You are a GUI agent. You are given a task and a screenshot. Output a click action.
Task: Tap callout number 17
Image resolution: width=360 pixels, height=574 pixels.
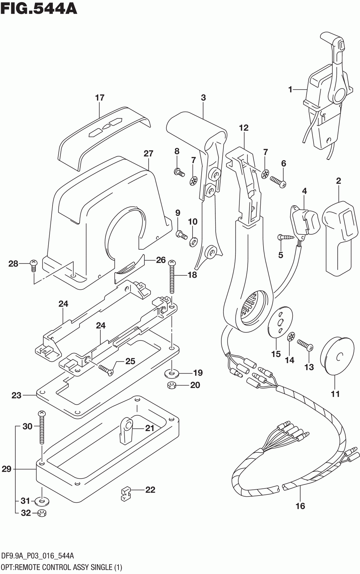pos(100,98)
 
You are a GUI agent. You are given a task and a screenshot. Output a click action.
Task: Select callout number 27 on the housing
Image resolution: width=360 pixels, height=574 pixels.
pos(148,153)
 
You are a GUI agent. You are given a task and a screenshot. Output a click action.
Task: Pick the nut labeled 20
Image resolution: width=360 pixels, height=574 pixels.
pos(172,385)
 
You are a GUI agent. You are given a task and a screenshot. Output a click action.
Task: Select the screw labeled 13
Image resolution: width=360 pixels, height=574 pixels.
pos(305,344)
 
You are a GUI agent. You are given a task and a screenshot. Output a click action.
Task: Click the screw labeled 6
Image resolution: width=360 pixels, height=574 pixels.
pos(278,180)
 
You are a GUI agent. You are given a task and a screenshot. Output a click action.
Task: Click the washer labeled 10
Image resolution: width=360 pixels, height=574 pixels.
pos(193,241)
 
